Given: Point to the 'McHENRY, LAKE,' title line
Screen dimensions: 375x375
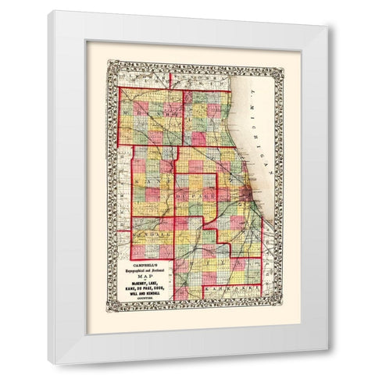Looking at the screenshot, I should pos(145,283).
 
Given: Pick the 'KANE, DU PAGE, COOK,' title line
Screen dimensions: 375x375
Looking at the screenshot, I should pos(145,288).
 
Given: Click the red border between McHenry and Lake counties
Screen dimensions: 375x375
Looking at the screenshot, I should pos(184,117).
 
